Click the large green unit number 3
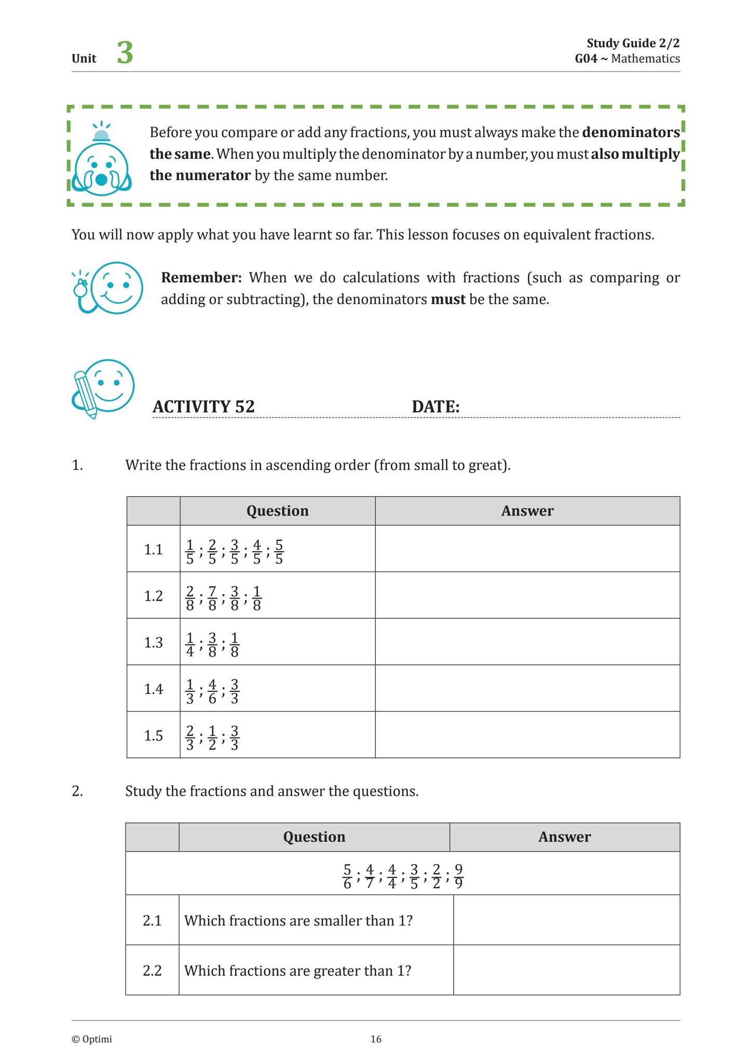(x=125, y=53)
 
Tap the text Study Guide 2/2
(x=633, y=43)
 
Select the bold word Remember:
(x=201, y=278)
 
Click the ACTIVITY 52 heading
(x=203, y=406)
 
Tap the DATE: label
(x=435, y=406)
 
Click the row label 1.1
(x=153, y=549)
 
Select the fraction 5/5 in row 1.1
(x=279, y=551)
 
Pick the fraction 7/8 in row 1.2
(x=212, y=598)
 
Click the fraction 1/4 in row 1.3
(x=189, y=645)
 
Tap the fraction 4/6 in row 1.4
(x=212, y=691)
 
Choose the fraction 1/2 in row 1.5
(x=212, y=738)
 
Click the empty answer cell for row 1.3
(x=527, y=642)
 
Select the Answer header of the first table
(x=527, y=511)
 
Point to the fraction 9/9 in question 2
(x=458, y=876)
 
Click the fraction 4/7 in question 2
(x=370, y=876)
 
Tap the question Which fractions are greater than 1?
(x=297, y=971)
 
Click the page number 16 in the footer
(x=376, y=1039)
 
